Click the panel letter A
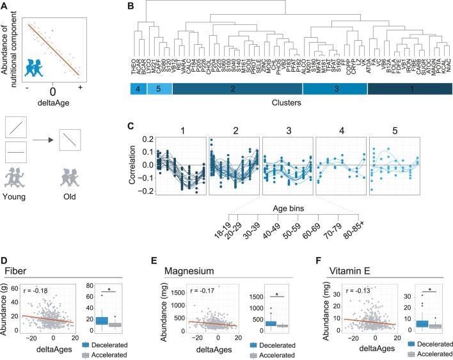4,6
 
